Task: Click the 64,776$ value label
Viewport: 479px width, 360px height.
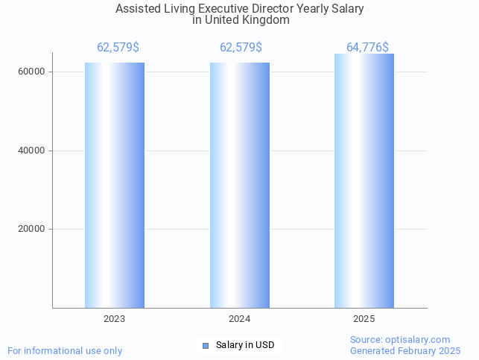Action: tap(367, 48)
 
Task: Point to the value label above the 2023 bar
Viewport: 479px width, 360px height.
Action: tap(118, 48)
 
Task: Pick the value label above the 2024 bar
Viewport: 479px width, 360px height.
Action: tap(241, 48)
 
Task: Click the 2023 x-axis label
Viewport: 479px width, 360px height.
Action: tap(115, 319)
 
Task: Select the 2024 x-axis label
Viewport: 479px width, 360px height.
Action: tap(240, 319)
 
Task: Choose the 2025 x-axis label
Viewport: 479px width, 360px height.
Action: tap(364, 319)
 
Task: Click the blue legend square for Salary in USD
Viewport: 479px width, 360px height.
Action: tap(206, 346)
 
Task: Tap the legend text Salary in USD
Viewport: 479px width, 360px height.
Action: tap(245, 345)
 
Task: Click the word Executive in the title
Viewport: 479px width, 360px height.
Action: tap(226, 10)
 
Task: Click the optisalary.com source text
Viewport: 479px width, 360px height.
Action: tap(400, 340)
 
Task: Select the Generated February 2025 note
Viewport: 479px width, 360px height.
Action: tap(405, 351)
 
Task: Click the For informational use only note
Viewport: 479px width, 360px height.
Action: tap(65, 351)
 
